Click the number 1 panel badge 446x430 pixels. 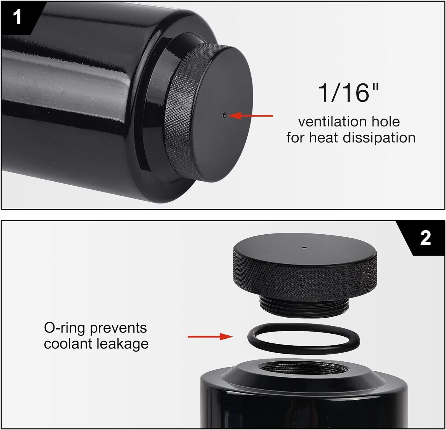[18, 17]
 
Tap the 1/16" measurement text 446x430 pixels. [348, 93]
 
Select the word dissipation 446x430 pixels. [379, 138]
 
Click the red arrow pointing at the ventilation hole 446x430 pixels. [251, 116]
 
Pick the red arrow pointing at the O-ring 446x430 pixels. [210, 337]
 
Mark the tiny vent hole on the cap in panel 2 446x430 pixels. [304, 247]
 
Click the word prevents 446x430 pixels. [118, 328]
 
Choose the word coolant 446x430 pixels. [68, 344]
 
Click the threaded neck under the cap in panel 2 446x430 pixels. [304, 305]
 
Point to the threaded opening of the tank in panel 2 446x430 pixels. [304, 369]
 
